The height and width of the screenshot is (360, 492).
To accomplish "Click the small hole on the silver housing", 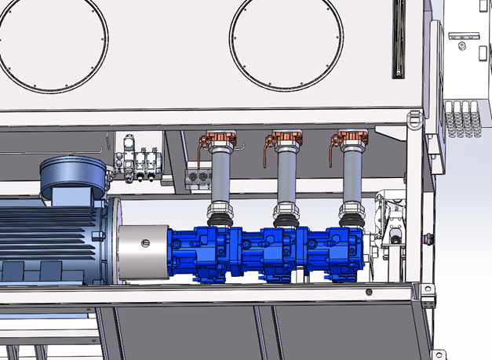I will tap(144, 243).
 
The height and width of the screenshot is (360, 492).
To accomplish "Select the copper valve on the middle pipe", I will tap(280, 142).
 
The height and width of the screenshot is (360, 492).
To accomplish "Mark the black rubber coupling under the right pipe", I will tap(352, 211).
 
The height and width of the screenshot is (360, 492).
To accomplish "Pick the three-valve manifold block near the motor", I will tap(140, 165).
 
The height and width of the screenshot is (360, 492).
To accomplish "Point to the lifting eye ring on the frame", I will tap(414, 119).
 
